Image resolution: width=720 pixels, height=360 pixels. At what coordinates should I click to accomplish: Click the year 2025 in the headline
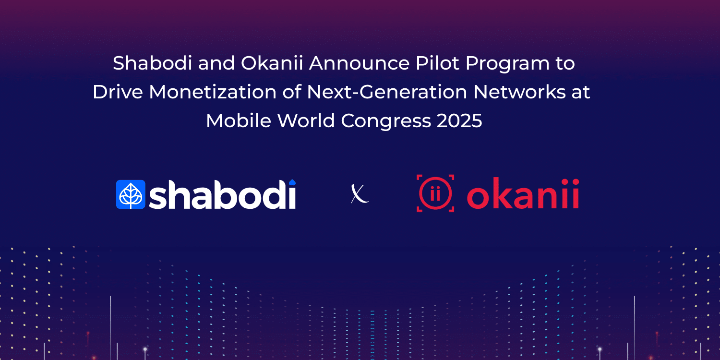pos(459,121)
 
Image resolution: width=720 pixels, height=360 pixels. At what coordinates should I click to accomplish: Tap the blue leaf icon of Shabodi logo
pos(131,194)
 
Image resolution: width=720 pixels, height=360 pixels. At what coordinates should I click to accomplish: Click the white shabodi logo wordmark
pos(222,195)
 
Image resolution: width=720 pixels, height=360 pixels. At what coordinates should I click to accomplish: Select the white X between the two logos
pos(360,194)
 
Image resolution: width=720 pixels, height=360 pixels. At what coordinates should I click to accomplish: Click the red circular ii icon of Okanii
pos(435,193)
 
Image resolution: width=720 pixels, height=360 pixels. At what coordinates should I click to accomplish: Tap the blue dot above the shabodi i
pos(291,182)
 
